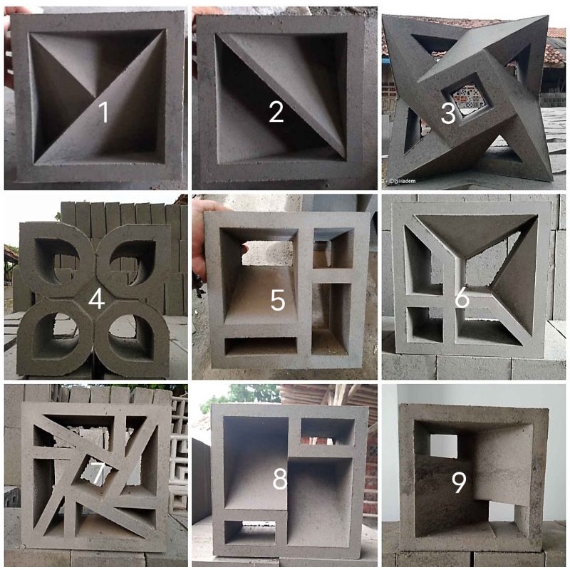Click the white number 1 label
[x=103, y=112]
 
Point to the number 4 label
[x=96, y=300]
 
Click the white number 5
[x=277, y=300]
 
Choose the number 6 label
[x=462, y=299]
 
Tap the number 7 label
[x=98, y=470]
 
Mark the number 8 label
[x=279, y=480]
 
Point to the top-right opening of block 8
[x=326, y=430]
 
